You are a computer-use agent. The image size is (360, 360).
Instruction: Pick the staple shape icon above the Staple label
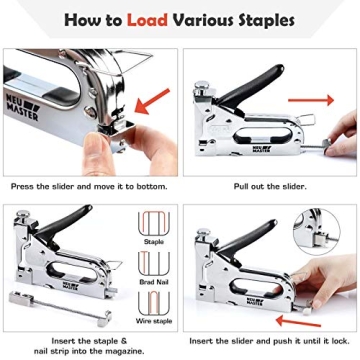point(152,222)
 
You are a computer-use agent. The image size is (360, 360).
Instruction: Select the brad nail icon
point(152,261)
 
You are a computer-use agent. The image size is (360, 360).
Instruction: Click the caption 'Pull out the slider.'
point(269,186)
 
